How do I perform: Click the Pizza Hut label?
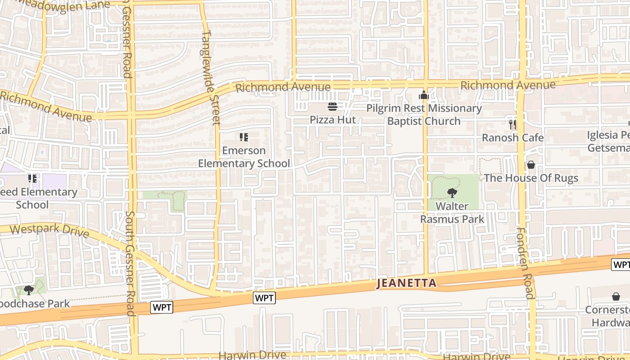pyautogui.click(x=333, y=120)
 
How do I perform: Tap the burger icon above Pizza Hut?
pyautogui.click(x=333, y=107)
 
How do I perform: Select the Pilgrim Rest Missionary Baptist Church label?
pyautogui.click(x=424, y=115)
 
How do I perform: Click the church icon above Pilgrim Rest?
pyautogui.click(x=423, y=95)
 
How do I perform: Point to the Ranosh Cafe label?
pyautogui.click(x=513, y=138)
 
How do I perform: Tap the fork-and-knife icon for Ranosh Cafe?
pyautogui.click(x=513, y=125)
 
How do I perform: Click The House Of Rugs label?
pyautogui.click(x=531, y=178)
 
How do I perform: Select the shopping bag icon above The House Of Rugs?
pyautogui.click(x=531, y=165)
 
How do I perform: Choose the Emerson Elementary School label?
pyautogui.click(x=244, y=157)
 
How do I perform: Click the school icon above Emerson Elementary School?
pyautogui.click(x=244, y=137)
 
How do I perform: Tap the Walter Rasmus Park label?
pyautogui.click(x=452, y=212)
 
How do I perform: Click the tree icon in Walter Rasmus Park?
pyautogui.click(x=452, y=193)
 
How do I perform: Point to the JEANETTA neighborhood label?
pyautogui.click(x=406, y=283)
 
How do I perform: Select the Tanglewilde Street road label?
pyautogui.click(x=211, y=77)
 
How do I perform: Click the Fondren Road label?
pyautogui.click(x=525, y=263)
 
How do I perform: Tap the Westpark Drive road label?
pyautogui.click(x=49, y=231)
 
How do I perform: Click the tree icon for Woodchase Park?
pyautogui.click(x=29, y=290)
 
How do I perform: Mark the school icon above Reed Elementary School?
pyautogui.click(x=32, y=179)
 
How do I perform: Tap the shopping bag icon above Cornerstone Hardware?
pyautogui.click(x=616, y=297)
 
